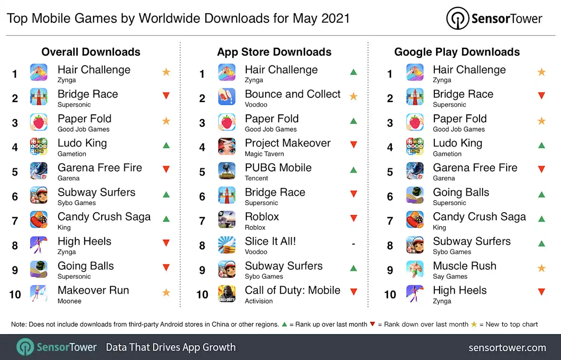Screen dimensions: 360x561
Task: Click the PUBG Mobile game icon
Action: (227, 171)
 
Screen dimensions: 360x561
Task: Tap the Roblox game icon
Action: (227, 220)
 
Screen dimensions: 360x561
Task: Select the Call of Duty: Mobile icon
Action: (227, 293)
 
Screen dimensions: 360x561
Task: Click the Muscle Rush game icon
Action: (415, 269)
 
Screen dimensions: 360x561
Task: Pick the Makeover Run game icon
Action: (39, 293)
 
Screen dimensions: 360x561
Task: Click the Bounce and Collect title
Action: (292, 94)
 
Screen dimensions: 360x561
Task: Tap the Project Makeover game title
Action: (288, 143)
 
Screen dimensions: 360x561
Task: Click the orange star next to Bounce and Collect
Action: (353, 96)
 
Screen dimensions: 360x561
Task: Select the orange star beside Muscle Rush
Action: (541, 268)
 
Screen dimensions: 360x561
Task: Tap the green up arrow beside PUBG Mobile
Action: (353, 170)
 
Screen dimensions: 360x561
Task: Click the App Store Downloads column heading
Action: (274, 52)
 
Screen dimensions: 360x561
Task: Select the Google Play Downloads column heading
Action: (457, 52)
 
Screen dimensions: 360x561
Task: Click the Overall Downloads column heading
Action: (91, 52)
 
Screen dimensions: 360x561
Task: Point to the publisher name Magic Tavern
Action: (264, 154)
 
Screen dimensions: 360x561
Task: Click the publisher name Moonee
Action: (69, 301)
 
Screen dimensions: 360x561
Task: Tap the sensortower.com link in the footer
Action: (507, 348)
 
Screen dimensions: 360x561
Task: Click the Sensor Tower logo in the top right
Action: (494, 18)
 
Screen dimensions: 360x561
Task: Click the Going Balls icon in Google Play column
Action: (415, 195)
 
